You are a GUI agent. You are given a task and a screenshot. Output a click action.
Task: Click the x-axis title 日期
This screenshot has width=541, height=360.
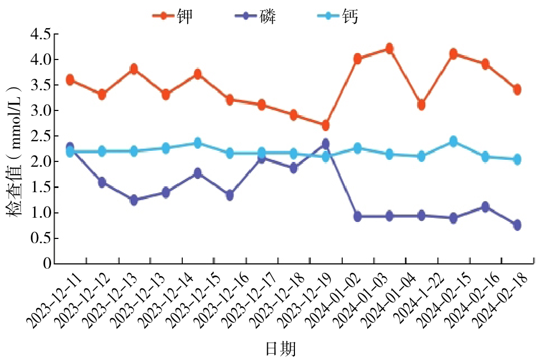click(281, 349)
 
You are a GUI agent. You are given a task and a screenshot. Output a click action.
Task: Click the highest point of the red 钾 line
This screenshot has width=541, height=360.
click(389, 49)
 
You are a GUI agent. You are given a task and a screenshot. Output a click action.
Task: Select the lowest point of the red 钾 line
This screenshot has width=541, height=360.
click(325, 125)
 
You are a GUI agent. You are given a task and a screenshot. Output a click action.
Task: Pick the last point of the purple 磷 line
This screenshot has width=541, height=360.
click(517, 225)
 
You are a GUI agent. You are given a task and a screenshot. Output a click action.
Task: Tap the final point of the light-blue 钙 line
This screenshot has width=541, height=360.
click(517, 159)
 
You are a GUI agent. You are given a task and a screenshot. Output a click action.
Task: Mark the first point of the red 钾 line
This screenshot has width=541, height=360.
click(70, 80)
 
